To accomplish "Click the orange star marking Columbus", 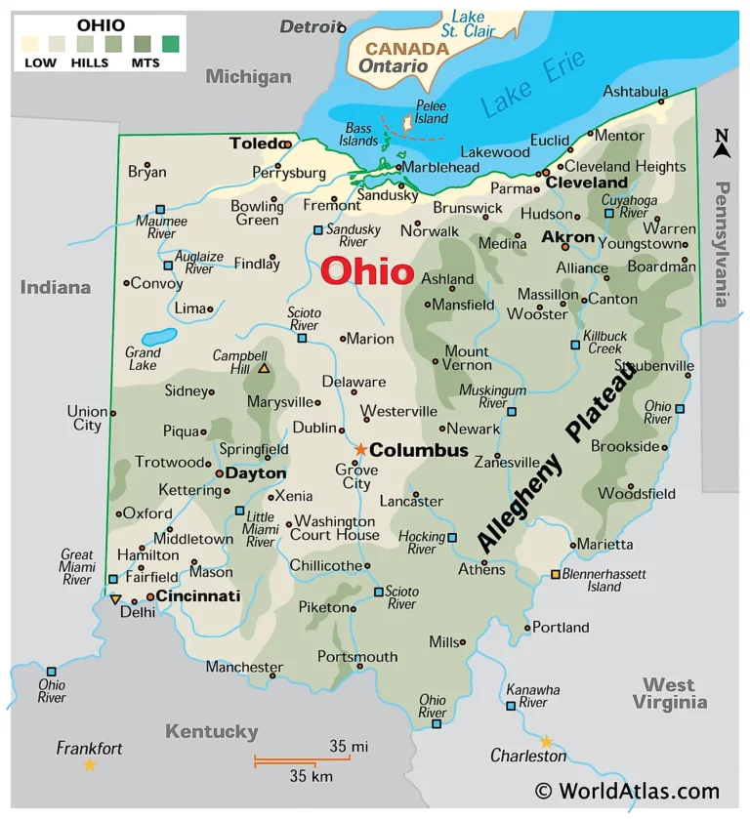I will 360,449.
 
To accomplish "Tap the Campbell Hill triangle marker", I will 264,368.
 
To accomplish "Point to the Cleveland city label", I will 586,183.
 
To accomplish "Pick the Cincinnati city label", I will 198,595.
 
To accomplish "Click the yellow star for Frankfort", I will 90,764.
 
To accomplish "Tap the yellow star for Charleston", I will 546,741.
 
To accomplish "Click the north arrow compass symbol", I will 723,144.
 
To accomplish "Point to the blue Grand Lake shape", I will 158,336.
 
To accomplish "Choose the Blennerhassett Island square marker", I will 556,574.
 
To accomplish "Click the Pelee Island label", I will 432,111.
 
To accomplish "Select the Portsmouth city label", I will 357,656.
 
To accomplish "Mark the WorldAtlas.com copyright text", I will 626,792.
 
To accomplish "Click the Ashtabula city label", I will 636,91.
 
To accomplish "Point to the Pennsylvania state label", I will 722,244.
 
